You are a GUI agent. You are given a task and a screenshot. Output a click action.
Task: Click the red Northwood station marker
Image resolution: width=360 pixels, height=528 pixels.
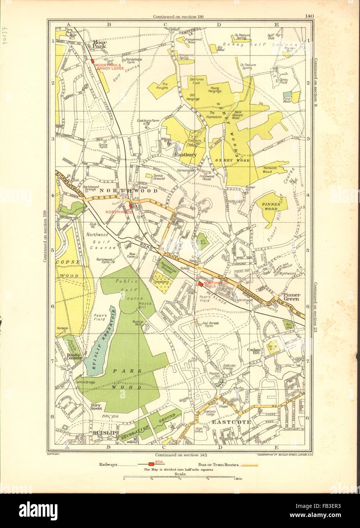[131, 206]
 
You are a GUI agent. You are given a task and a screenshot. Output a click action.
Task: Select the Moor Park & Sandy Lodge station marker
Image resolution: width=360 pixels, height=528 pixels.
[92, 62]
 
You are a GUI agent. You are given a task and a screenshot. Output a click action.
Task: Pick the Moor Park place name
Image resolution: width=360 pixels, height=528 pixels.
[100, 44]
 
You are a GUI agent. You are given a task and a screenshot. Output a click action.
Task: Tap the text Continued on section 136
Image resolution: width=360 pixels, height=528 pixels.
[178, 16]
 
